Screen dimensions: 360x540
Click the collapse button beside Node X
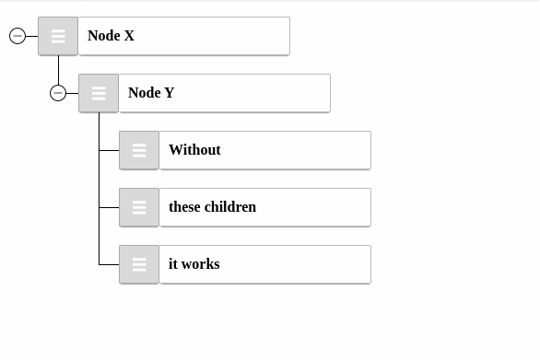coord(18,36)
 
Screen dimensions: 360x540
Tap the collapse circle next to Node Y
coord(58,93)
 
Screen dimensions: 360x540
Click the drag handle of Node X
coord(58,36)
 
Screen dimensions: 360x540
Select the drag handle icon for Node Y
coord(99,93)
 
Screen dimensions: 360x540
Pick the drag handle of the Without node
coord(139,150)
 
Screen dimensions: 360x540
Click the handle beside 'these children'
coord(139,207)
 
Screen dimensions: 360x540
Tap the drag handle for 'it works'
coord(139,264)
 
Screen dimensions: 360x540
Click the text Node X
coord(111,36)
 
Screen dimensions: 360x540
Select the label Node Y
coord(151,93)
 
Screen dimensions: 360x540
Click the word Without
coord(194,150)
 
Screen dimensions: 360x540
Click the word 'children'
coord(230,207)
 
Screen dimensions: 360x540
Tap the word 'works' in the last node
coord(201,264)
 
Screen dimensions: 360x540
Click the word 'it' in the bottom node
coord(172,264)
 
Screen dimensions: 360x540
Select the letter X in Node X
coord(129,36)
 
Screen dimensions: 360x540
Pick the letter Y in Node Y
coord(170,93)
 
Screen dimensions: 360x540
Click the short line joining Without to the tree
coord(109,150)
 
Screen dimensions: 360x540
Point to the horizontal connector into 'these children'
coord(109,207)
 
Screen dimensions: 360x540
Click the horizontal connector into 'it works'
coord(109,264)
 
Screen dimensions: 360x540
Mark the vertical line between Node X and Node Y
coord(58,69)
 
